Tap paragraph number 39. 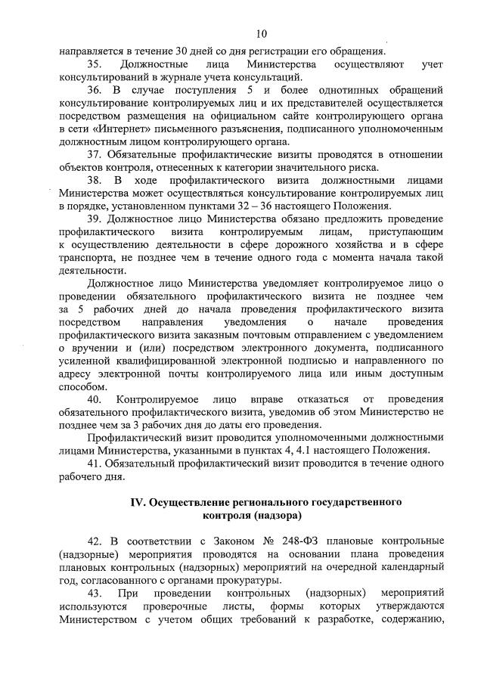pyautogui.click(x=95, y=219)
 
